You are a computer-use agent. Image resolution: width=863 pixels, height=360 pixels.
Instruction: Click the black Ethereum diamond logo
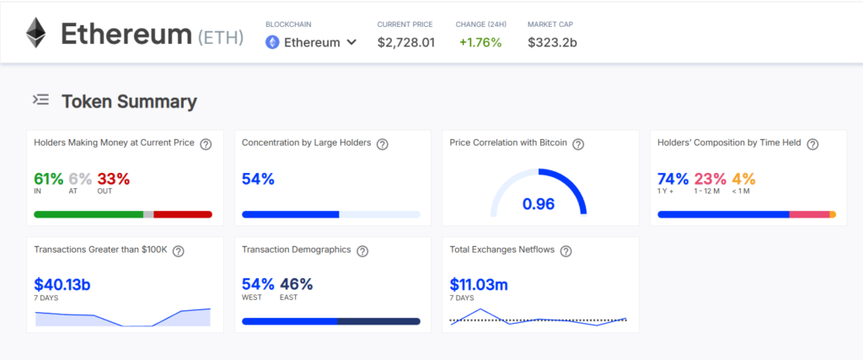(x=35, y=33)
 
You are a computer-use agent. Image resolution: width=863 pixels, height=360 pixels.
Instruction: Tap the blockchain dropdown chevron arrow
(x=351, y=42)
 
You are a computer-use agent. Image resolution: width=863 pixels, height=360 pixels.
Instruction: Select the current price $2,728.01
(x=406, y=42)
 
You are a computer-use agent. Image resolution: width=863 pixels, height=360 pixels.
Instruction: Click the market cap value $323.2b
(x=552, y=42)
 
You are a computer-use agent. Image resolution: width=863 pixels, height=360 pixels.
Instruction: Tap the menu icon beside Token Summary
(x=40, y=100)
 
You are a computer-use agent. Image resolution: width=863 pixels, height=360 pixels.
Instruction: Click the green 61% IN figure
(x=48, y=179)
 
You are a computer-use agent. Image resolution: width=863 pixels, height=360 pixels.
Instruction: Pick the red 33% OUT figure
(x=113, y=179)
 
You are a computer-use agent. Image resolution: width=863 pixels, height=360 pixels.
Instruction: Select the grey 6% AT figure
(x=80, y=179)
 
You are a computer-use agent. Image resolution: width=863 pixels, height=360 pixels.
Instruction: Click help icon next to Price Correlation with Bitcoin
(x=578, y=144)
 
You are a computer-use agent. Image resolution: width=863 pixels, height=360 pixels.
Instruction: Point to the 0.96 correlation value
(x=538, y=203)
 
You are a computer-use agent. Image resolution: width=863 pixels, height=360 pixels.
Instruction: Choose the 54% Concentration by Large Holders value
(x=258, y=179)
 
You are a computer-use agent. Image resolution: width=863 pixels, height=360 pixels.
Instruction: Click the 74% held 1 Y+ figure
(x=673, y=179)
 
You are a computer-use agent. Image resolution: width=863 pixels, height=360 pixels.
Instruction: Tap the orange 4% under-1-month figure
(x=743, y=179)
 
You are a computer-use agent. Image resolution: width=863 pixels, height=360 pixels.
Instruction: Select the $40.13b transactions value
(x=62, y=285)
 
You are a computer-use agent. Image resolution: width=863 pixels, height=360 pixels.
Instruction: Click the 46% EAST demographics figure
(x=296, y=284)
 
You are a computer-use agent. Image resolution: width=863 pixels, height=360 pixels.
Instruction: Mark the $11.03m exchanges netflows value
(x=479, y=285)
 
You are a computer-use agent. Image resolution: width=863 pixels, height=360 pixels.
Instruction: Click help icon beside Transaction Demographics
(x=362, y=251)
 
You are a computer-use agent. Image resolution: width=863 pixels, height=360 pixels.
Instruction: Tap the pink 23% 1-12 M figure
(x=710, y=179)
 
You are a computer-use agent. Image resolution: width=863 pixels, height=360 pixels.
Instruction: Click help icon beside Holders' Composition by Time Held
(x=812, y=144)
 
